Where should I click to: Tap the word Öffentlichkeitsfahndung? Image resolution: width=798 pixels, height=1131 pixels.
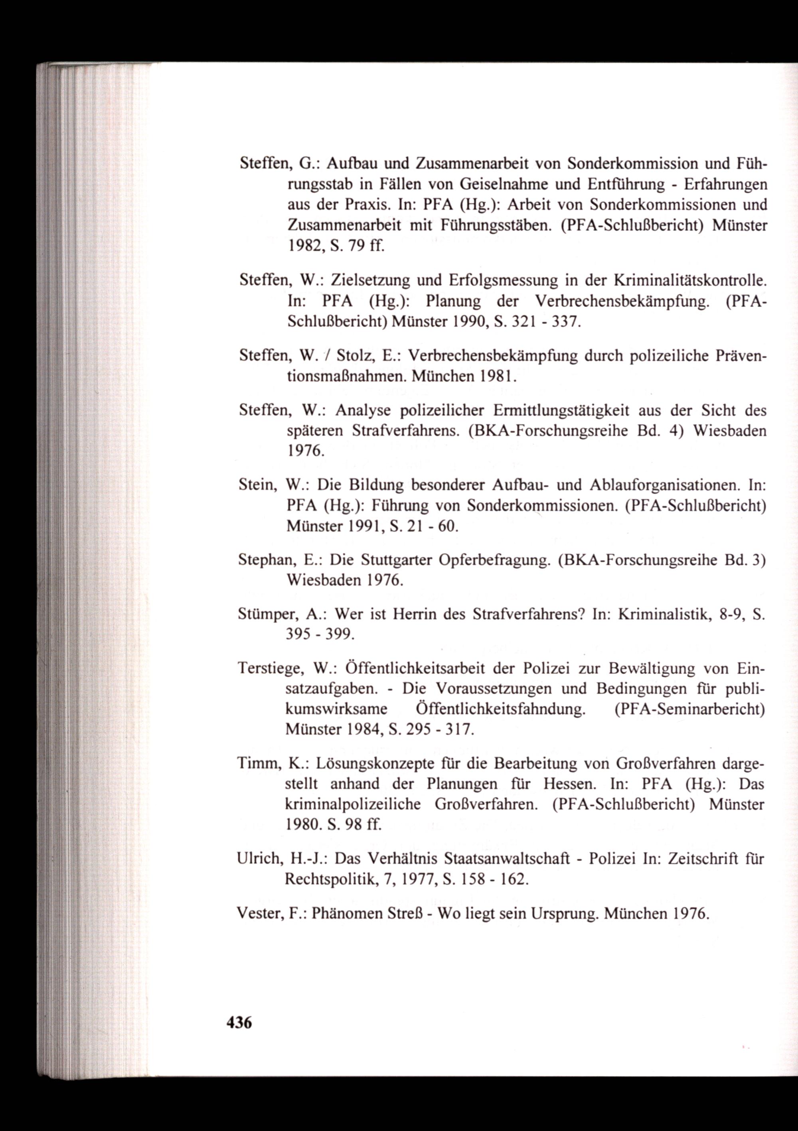point(497,709)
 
